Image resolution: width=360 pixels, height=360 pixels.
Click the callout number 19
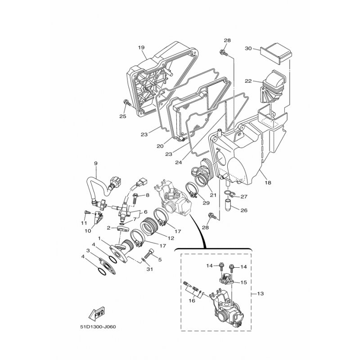140,48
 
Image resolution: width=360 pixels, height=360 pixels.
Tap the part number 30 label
248,48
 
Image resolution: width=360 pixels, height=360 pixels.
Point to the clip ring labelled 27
231,194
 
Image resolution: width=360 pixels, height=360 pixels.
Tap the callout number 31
148,269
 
